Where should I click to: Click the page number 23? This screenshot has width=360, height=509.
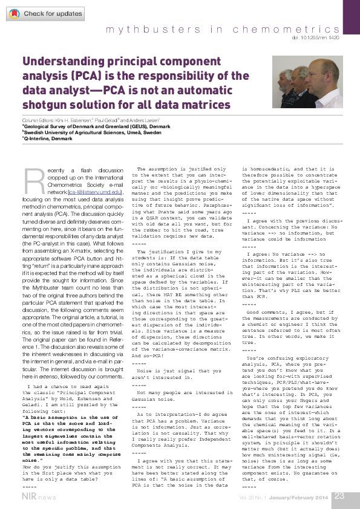(x=339, y=496)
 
